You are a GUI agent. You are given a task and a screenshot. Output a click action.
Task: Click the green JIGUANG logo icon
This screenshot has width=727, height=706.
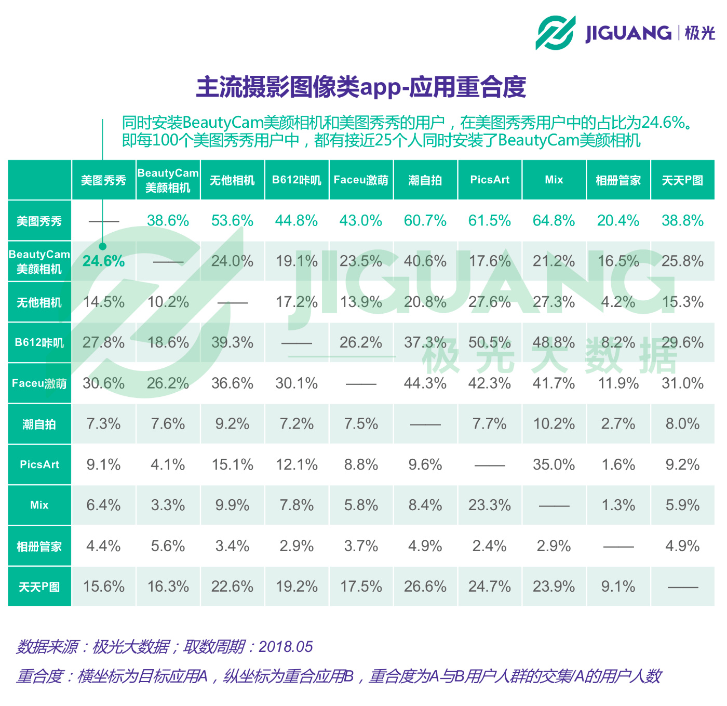tap(555, 33)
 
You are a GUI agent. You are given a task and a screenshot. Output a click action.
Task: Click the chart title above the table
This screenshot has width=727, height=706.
tap(361, 87)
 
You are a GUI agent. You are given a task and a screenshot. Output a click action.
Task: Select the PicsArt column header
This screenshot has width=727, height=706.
tap(490, 180)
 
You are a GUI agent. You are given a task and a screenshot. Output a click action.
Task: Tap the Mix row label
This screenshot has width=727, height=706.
tap(39, 505)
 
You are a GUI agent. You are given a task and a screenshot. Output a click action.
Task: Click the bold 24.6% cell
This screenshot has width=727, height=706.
tap(104, 261)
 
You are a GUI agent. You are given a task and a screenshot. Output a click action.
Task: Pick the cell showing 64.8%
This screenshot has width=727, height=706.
tap(554, 220)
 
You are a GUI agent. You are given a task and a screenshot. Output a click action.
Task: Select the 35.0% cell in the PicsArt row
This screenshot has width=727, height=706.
tap(554, 464)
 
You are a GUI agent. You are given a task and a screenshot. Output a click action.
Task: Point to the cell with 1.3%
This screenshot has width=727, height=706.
tap(618, 505)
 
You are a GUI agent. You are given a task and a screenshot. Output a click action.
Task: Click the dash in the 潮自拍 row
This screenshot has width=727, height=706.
tap(425, 424)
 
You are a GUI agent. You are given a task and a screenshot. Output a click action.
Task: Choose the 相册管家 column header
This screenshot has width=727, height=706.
tap(618, 180)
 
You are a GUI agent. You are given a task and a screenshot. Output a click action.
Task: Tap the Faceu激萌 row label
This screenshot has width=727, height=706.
tap(39, 383)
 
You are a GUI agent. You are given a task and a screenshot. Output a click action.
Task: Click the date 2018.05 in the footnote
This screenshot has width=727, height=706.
tap(286, 646)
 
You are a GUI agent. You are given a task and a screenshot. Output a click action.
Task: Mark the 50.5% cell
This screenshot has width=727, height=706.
tap(490, 342)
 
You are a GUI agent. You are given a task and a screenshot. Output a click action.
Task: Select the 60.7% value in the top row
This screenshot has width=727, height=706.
tap(425, 220)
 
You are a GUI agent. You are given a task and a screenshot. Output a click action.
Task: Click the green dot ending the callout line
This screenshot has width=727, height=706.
tap(103, 246)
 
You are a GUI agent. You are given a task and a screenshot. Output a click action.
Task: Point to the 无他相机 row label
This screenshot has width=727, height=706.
tap(39, 302)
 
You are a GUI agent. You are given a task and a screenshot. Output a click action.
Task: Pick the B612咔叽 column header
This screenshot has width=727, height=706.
tap(297, 180)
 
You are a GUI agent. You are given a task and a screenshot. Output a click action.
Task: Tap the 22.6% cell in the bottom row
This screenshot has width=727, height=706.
tap(232, 587)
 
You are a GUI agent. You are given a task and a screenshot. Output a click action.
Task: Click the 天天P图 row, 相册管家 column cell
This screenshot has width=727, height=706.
tap(618, 587)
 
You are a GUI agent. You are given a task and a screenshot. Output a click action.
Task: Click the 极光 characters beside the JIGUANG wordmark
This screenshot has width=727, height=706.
tap(699, 33)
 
